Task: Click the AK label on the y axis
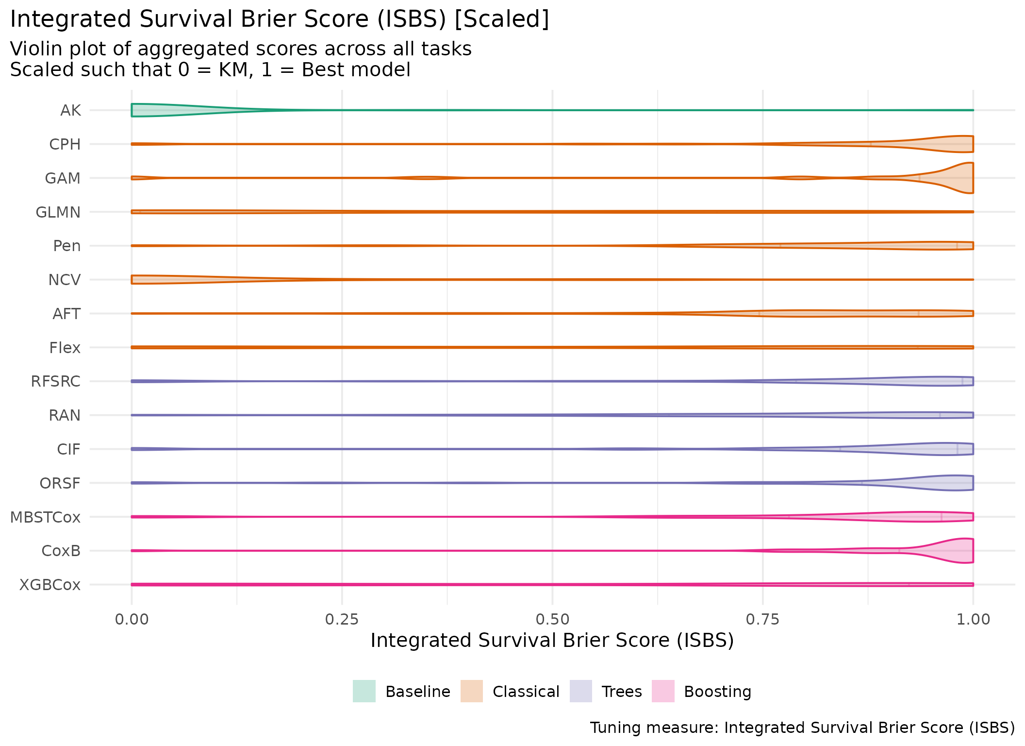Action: (x=70, y=111)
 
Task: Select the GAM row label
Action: (x=63, y=179)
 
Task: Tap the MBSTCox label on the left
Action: (x=45, y=517)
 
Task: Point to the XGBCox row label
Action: (x=50, y=585)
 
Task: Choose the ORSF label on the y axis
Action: (x=60, y=483)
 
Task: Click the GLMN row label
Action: (x=58, y=212)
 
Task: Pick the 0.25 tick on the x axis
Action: (x=342, y=619)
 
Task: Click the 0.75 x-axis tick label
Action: (x=762, y=619)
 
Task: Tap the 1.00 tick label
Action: (x=973, y=619)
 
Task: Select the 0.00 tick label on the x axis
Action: (x=132, y=619)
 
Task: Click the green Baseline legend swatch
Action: (x=364, y=691)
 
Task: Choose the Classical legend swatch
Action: (x=471, y=691)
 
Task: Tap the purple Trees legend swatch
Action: (x=580, y=691)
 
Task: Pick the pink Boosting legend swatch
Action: (x=663, y=691)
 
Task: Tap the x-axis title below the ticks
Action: (x=552, y=641)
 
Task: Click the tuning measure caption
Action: (x=802, y=728)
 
